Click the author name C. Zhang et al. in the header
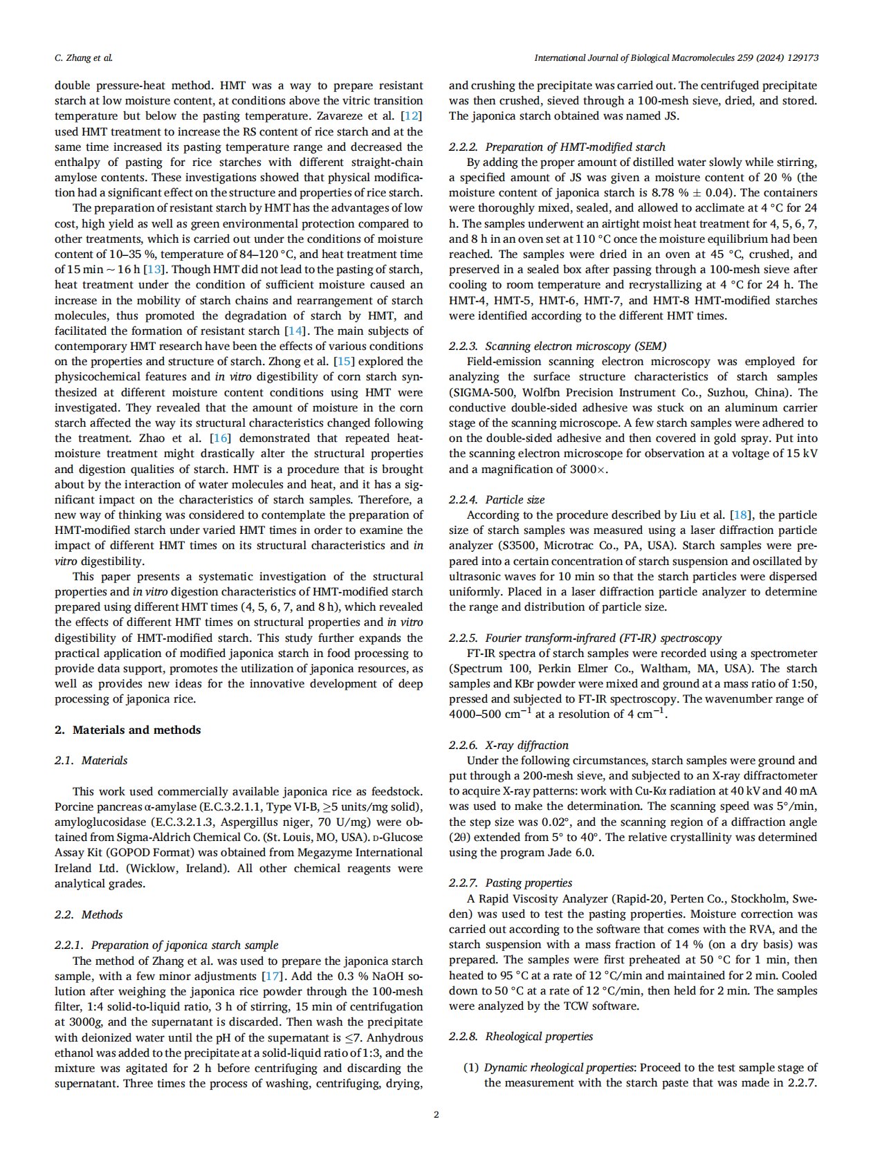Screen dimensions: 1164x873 [84, 58]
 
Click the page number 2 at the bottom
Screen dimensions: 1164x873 [436, 1114]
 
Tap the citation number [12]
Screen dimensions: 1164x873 [412, 116]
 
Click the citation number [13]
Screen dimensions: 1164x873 [154, 270]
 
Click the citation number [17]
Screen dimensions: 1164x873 [272, 977]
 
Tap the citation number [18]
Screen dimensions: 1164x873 [740, 515]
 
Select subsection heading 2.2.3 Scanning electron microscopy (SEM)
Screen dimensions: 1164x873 [558, 346]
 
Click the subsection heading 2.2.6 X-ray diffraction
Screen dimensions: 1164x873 [508, 745]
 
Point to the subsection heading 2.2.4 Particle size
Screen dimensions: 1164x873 [497, 499]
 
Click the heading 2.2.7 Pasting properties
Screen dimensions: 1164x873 [511, 883]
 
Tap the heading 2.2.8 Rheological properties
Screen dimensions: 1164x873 [521, 1036]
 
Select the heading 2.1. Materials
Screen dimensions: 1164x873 [91, 761]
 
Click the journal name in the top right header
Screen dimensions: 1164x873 [676, 58]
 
